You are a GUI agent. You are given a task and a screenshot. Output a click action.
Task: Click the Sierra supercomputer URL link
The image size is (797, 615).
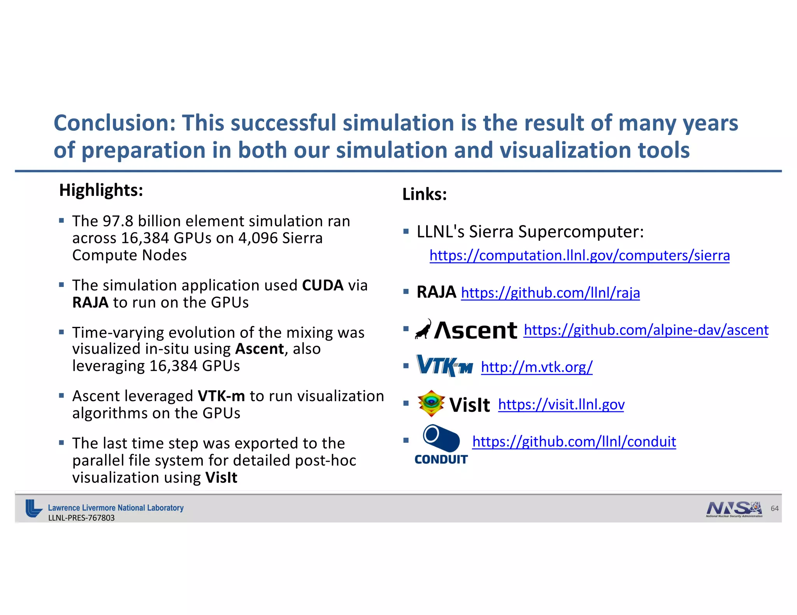pyautogui.click(x=579, y=255)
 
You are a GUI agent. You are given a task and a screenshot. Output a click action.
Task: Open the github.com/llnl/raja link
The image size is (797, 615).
pyautogui.click(x=550, y=293)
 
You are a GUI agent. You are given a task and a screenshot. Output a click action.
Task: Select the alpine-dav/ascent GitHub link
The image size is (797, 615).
pyautogui.click(x=646, y=330)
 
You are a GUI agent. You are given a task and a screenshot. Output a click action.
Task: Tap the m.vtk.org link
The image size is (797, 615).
pyautogui.click(x=536, y=367)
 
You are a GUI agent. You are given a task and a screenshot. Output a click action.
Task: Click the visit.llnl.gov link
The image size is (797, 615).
pyautogui.click(x=561, y=405)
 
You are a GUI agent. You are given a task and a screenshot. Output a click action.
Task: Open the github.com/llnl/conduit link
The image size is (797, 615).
pyautogui.click(x=574, y=442)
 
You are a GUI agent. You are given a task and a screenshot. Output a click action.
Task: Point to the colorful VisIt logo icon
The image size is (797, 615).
pyautogui.click(x=431, y=403)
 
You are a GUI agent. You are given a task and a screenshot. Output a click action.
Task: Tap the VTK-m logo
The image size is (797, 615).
pyautogui.click(x=444, y=366)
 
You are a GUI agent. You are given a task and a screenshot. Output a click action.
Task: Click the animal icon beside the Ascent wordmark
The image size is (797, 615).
pyautogui.click(x=423, y=330)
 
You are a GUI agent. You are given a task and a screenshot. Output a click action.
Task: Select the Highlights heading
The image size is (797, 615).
pyautogui.click(x=101, y=190)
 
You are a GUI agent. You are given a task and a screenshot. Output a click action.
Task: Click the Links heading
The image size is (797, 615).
pyautogui.click(x=424, y=194)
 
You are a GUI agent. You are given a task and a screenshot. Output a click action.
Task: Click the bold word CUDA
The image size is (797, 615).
pyautogui.click(x=323, y=285)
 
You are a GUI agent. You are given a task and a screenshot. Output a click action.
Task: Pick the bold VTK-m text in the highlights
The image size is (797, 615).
pyautogui.click(x=221, y=396)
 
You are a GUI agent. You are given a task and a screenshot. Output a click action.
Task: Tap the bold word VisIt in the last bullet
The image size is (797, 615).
pyautogui.click(x=221, y=477)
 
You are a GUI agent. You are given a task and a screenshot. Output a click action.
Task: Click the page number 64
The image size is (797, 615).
pyautogui.click(x=774, y=508)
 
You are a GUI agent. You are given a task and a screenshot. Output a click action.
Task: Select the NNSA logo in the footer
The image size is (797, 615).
pyautogui.click(x=734, y=508)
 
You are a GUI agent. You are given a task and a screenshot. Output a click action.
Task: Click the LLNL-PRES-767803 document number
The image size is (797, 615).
pyautogui.click(x=81, y=518)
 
